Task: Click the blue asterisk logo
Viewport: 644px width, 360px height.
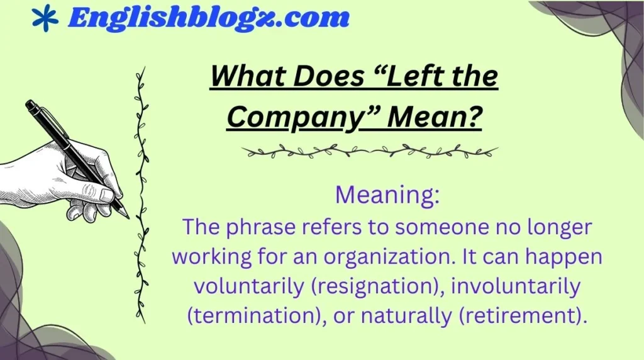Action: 44,18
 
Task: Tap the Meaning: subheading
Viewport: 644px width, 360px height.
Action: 387,196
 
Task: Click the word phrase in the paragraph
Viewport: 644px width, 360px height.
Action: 256,227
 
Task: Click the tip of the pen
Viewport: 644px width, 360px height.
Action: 127,217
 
